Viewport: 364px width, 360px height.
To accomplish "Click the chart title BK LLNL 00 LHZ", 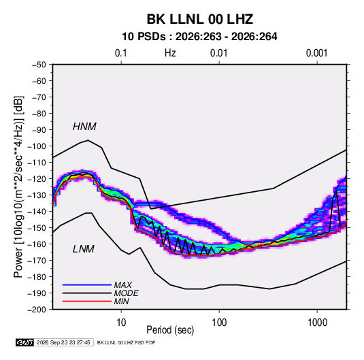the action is click(x=199, y=19).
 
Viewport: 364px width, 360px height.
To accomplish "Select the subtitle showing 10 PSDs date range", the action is click(x=199, y=37).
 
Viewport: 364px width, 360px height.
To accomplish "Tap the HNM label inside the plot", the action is click(x=84, y=127).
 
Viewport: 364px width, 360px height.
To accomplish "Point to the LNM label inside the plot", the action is click(x=84, y=249).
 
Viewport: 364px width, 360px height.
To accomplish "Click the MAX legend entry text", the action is click(x=122, y=284).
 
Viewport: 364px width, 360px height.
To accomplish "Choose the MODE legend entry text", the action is click(x=127, y=293).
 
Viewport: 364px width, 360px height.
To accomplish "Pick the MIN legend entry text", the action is click(x=121, y=301).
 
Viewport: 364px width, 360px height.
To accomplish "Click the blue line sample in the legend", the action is click(x=87, y=284).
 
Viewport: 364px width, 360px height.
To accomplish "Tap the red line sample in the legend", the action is click(x=87, y=301).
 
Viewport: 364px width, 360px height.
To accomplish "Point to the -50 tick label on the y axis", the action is click(x=39, y=65).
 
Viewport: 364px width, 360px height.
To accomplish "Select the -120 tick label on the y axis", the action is click(x=37, y=179).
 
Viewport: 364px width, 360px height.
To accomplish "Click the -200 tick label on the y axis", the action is click(x=37, y=310).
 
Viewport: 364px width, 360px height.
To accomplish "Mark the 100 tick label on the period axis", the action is click(x=219, y=323).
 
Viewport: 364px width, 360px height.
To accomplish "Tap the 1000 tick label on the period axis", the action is click(x=317, y=323).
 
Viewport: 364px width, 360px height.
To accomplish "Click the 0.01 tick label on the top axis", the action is click(x=218, y=53).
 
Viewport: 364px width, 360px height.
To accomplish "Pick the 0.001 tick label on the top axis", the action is click(x=316, y=53).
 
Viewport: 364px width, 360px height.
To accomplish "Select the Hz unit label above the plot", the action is click(x=170, y=53).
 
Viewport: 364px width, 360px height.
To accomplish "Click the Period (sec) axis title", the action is click(x=170, y=330).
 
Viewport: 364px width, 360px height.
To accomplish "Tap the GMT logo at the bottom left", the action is click(x=24, y=342).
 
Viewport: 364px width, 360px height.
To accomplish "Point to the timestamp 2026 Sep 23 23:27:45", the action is click(x=63, y=342).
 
